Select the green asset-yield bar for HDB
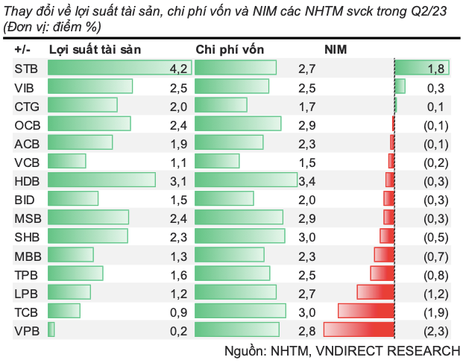tap(101, 180)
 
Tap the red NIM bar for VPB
tap(358, 329)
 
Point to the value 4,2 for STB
tap(178, 69)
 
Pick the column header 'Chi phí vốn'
tap(229, 49)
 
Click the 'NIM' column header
tap(336, 49)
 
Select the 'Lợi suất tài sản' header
tap(95, 49)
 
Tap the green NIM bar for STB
tap(421, 68)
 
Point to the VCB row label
tap(24, 162)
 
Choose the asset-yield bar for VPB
tap(51, 329)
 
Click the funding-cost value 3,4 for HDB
tap(307, 180)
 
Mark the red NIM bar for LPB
tap(375, 292)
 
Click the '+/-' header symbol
tap(22, 49)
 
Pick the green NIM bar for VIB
tap(400, 86)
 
